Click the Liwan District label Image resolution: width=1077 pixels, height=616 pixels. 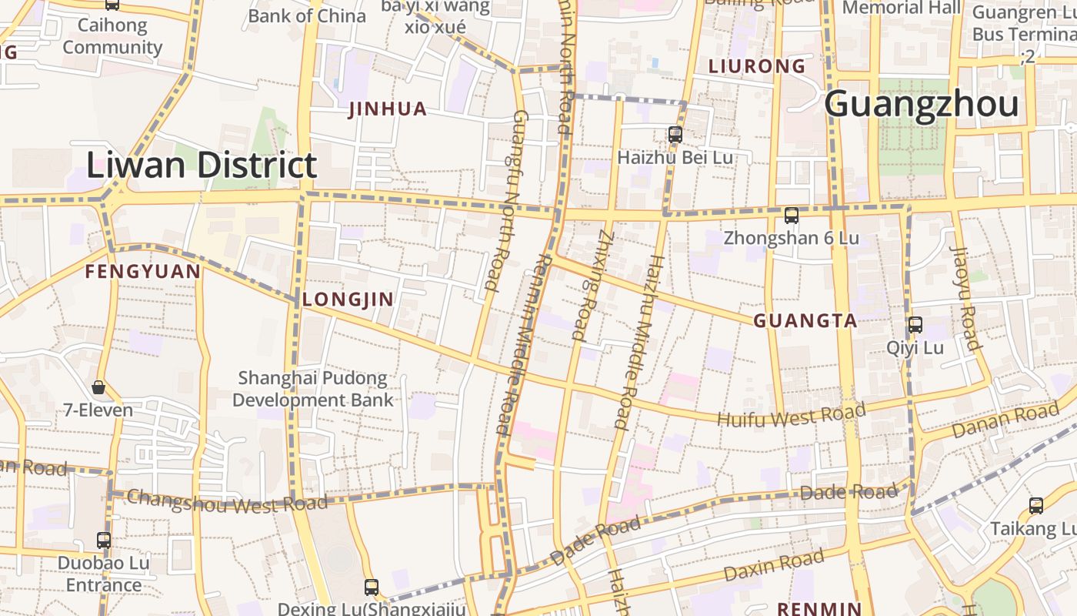[201, 166]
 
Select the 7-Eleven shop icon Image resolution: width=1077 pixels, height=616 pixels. [98, 387]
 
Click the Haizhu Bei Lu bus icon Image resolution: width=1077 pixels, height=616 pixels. [675, 134]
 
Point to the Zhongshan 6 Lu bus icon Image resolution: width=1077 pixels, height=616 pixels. [791, 216]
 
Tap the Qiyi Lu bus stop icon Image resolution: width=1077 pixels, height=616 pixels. [915, 324]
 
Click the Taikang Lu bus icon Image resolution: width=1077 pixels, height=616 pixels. [1036, 506]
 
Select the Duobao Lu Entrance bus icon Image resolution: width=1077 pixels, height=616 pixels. [104, 540]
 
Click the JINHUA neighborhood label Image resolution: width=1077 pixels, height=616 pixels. [388, 109]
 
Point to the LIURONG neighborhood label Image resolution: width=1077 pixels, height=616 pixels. [756, 67]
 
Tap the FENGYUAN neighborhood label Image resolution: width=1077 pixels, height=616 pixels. [142, 272]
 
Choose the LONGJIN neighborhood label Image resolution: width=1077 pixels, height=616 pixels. [348, 300]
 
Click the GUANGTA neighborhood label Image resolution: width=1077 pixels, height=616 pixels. [805, 321]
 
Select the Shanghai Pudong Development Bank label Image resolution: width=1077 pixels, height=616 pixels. [312, 389]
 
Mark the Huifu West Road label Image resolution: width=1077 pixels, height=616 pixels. [791, 413]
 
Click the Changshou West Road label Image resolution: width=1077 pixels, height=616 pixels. [227, 500]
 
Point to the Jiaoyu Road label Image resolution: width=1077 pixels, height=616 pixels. [965, 298]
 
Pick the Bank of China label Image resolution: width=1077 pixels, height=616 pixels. [307, 15]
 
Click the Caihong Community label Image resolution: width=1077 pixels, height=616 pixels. [112, 36]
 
